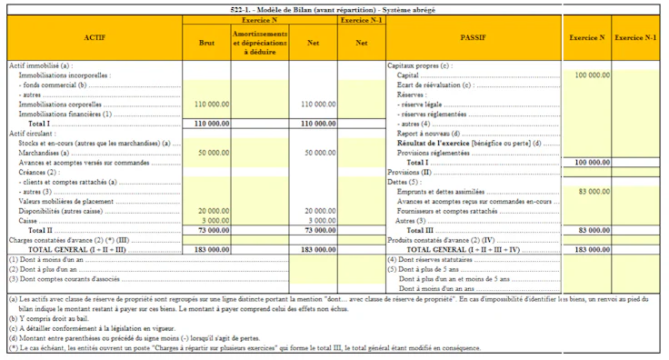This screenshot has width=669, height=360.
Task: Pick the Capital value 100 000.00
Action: point(592,75)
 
